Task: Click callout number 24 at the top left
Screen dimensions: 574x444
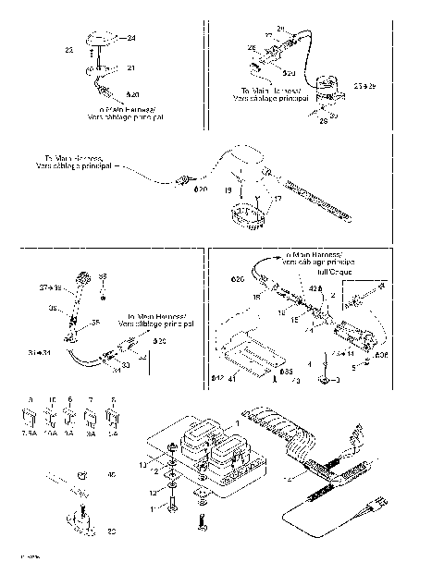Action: point(131,37)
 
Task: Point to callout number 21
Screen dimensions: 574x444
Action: point(130,68)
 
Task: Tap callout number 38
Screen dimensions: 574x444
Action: point(103,276)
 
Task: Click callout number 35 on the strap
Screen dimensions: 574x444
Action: point(94,323)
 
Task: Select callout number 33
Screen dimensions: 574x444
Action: point(126,366)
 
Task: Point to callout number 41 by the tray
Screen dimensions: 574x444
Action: point(233,378)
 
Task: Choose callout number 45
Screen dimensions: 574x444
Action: point(112,475)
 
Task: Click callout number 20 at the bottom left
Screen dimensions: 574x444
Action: point(112,531)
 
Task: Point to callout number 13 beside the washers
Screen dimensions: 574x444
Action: point(142,462)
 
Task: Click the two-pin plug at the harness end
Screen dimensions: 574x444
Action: point(376,506)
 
